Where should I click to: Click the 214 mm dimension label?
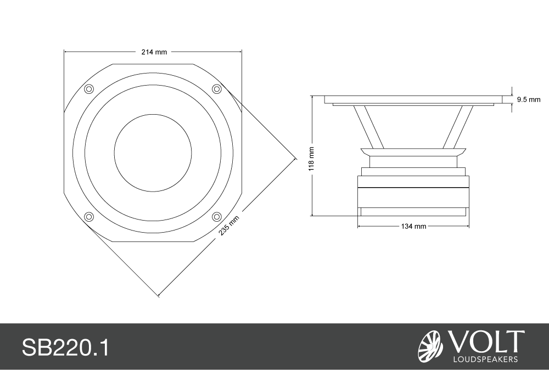154,52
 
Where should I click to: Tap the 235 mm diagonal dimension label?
229,226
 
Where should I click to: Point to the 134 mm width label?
413,226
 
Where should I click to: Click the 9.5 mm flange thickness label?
529,100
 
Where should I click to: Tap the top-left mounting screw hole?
89,89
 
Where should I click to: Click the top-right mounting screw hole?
217,89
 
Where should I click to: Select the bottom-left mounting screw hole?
89,217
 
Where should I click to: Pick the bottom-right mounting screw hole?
217,217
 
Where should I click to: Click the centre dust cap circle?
153,153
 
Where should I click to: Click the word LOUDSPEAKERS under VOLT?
485,359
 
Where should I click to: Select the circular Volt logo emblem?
430,347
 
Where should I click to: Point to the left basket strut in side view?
369,127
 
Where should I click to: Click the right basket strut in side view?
458,127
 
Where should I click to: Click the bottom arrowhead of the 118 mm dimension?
312,213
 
